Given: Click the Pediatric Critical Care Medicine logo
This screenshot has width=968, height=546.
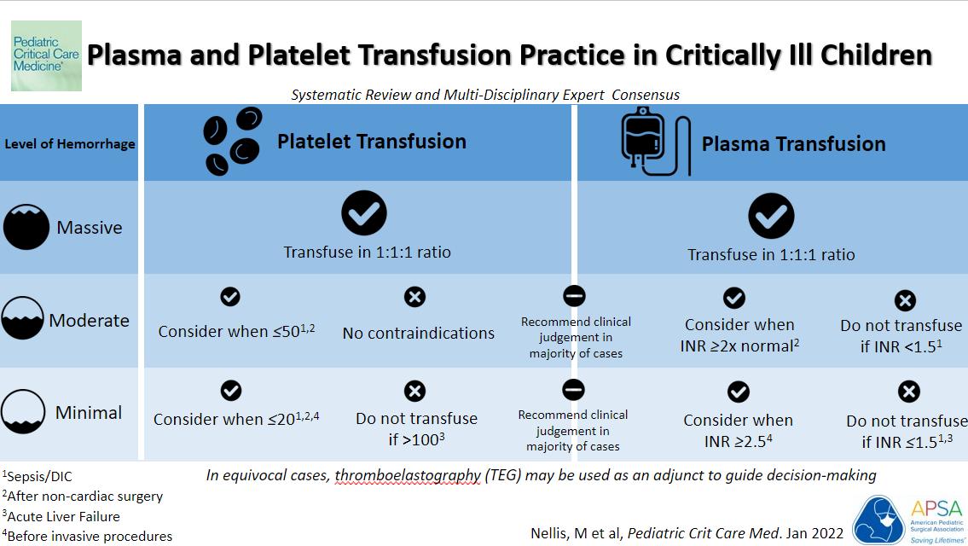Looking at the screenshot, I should click(x=46, y=56).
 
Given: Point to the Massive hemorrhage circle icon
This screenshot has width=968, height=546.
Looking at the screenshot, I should click(x=26, y=227).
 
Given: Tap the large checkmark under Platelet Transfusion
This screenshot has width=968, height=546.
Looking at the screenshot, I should click(x=364, y=212).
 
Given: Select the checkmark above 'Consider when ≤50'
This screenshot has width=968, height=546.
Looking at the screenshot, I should click(x=230, y=297).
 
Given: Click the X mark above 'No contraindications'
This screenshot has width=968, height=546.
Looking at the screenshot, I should click(x=414, y=297).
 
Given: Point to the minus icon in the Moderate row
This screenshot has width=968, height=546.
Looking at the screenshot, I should click(x=574, y=296).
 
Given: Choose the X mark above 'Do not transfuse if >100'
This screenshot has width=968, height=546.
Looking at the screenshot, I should click(x=414, y=391).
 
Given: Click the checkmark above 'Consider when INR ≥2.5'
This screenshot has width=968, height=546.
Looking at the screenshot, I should click(x=738, y=392).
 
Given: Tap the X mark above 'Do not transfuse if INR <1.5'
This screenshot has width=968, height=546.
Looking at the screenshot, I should click(x=905, y=300).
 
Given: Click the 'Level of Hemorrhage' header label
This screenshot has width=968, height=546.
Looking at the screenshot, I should click(x=70, y=144).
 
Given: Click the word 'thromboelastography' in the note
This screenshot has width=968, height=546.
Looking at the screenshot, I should click(x=407, y=475).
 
